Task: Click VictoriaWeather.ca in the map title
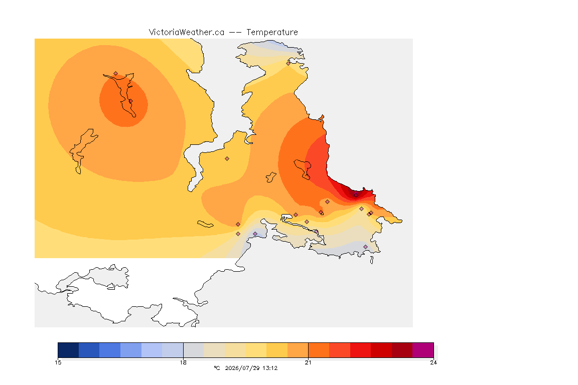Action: [187, 33]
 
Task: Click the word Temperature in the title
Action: [272, 33]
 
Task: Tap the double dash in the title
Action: [235, 33]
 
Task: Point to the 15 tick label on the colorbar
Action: [58, 362]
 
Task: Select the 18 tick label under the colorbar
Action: [183, 362]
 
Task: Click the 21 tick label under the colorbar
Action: [308, 362]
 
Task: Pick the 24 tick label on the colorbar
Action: [434, 362]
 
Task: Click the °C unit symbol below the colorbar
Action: [217, 368]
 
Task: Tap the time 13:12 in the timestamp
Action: [270, 368]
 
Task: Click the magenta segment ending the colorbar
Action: [423, 350]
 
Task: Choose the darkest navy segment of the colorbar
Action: [68, 350]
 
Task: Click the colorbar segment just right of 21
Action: [319, 350]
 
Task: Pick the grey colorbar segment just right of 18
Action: [194, 350]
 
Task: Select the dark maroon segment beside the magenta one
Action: [402, 350]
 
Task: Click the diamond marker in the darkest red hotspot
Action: [356, 195]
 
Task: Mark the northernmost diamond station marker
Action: [288, 63]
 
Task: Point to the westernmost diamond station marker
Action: [116, 74]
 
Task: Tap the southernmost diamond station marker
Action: [365, 247]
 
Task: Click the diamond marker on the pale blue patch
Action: [255, 234]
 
